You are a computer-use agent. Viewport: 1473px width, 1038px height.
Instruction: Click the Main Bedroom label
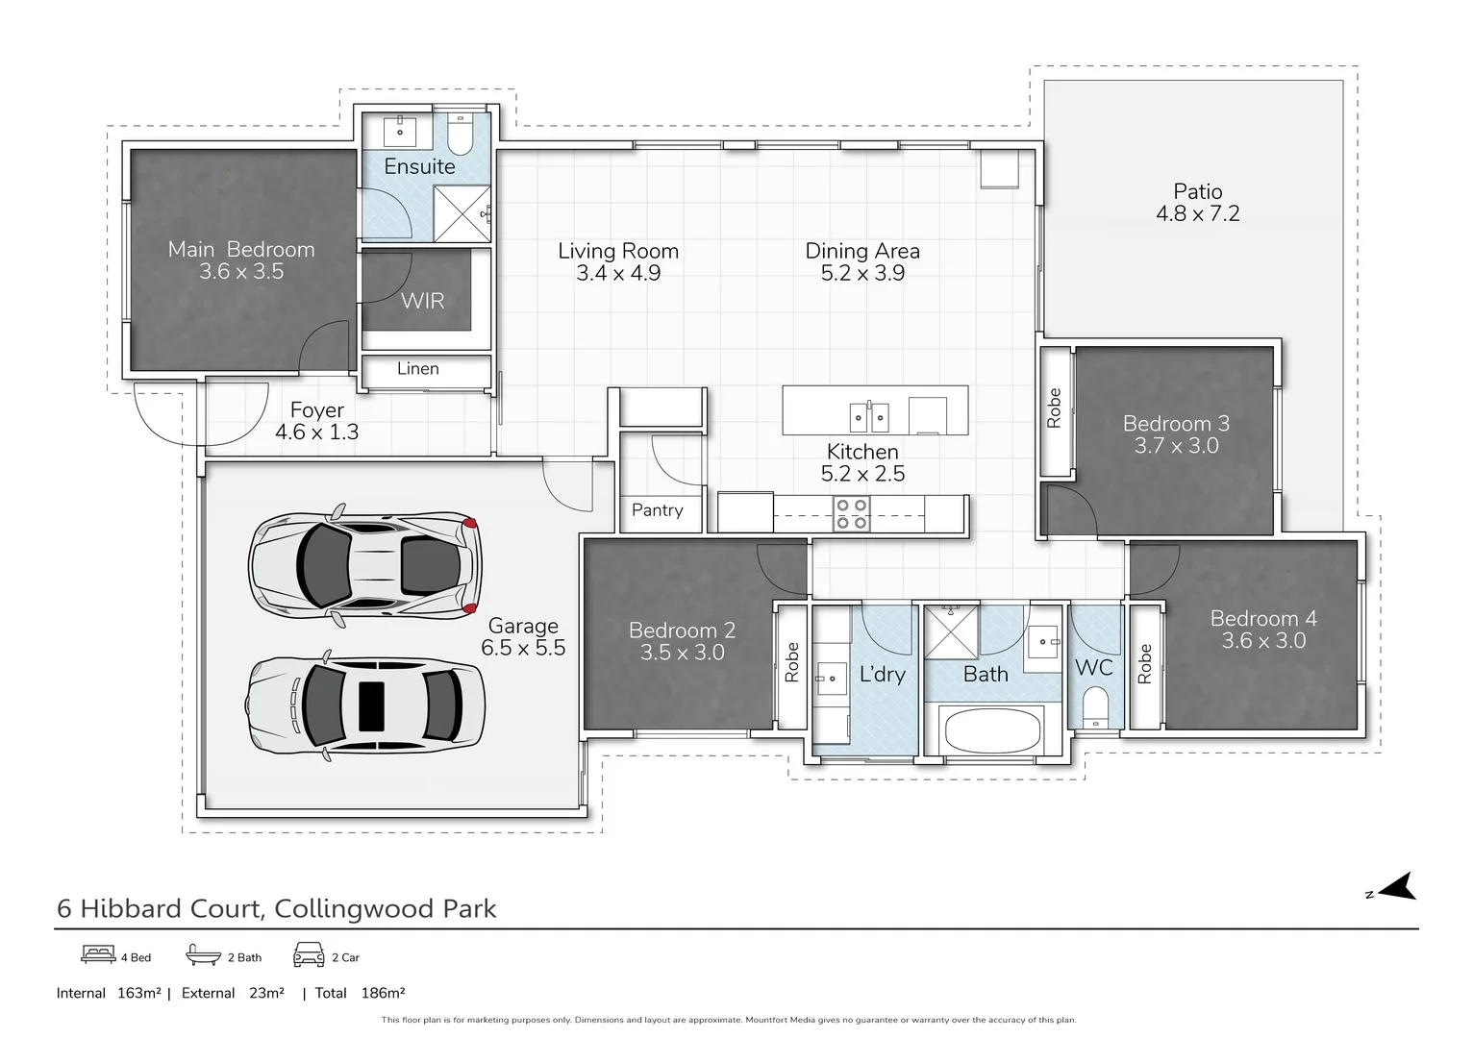tap(241, 250)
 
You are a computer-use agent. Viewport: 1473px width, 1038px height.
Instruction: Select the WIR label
tap(422, 301)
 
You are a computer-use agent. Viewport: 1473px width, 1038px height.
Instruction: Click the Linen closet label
tap(418, 369)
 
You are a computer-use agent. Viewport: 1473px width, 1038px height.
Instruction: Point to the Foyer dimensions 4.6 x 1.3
tap(316, 432)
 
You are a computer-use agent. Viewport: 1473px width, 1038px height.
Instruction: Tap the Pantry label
tap(658, 510)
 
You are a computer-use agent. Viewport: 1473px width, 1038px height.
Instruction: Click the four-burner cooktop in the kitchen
tap(851, 513)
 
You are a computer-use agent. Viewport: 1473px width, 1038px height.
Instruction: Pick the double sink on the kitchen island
tap(869, 417)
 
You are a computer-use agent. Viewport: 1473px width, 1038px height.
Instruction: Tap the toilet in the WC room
tap(1095, 709)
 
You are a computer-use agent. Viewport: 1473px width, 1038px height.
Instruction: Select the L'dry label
tap(882, 675)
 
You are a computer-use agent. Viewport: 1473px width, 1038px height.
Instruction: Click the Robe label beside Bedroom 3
tap(1054, 408)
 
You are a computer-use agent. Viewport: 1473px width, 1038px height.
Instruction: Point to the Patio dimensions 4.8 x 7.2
tap(1197, 214)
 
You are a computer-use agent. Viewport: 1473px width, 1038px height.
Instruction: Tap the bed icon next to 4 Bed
tap(98, 956)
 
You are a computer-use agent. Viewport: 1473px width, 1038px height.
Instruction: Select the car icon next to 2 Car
tap(309, 956)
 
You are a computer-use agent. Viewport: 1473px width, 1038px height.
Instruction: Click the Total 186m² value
tap(383, 993)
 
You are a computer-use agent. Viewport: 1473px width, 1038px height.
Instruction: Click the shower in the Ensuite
tap(462, 213)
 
